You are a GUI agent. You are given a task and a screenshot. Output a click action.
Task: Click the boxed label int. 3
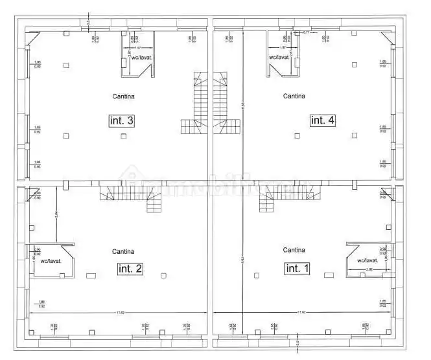click(x=121, y=120)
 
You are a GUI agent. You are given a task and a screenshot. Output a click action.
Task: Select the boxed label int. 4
click(x=322, y=120)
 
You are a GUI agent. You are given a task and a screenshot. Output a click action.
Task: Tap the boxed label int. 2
click(x=130, y=268)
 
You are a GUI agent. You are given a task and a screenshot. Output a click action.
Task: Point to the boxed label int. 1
click(x=297, y=267)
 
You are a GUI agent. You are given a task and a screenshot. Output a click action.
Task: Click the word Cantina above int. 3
click(x=122, y=96)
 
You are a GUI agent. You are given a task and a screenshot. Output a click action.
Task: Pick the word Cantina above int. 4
click(x=294, y=96)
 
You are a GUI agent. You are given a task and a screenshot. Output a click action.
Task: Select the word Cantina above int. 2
click(x=123, y=251)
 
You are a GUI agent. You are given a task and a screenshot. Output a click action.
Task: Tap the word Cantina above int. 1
click(x=294, y=249)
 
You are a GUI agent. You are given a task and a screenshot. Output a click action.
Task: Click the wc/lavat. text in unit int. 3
click(x=141, y=58)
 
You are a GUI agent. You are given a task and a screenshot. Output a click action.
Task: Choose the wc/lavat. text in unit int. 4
click(x=279, y=57)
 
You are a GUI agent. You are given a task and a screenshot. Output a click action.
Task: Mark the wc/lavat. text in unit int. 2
click(x=51, y=261)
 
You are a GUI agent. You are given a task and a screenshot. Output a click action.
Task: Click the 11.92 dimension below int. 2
click(x=121, y=313)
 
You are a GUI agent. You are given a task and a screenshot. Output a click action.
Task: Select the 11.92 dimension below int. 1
click(x=301, y=313)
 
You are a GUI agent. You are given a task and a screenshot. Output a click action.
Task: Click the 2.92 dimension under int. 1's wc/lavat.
click(x=369, y=268)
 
